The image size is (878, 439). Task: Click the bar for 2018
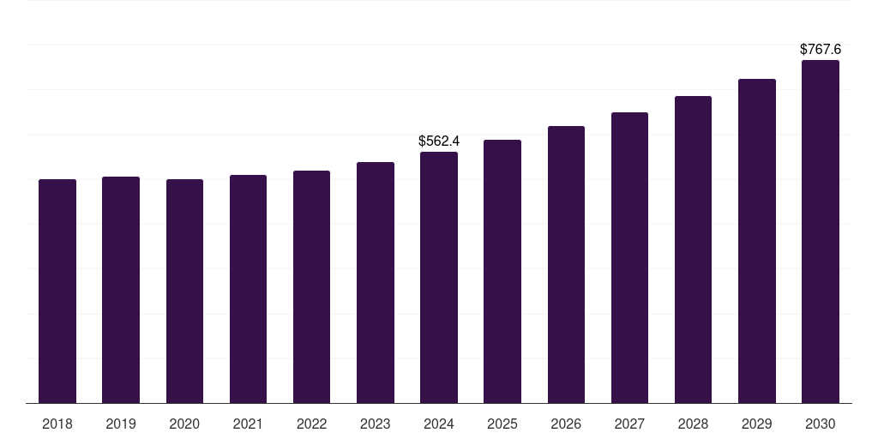tap(57, 292)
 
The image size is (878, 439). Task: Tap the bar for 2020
tap(184, 292)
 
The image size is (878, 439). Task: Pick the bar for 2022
tap(311, 287)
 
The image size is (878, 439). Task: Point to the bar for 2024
tap(439, 278)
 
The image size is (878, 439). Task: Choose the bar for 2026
tap(566, 265)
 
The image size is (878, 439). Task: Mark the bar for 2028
tap(693, 250)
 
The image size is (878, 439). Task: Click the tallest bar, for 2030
tap(820, 232)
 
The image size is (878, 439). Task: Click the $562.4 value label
tap(439, 141)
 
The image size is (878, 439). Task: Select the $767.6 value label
tap(820, 50)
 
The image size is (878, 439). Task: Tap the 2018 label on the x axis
tap(57, 424)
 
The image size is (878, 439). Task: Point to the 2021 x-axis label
tap(248, 424)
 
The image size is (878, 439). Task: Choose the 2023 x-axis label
tap(375, 424)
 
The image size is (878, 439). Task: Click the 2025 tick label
tap(502, 424)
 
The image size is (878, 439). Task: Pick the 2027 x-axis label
tap(629, 424)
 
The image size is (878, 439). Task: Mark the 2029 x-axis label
tap(756, 424)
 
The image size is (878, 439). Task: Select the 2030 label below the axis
tap(820, 424)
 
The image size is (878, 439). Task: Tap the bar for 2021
tap(248, 289)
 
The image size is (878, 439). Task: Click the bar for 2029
tap(756, 241)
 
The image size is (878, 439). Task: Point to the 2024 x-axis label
tap(439, 424)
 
